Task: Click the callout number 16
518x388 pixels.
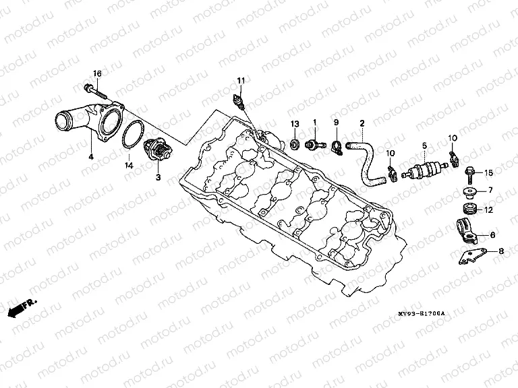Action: [96, 73]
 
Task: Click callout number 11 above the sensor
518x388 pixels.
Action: [239, 82]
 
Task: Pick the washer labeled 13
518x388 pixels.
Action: [295, 143]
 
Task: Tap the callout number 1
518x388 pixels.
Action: [314, 123]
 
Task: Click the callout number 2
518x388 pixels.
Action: [362, 124]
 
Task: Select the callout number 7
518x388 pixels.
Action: [490, 190]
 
